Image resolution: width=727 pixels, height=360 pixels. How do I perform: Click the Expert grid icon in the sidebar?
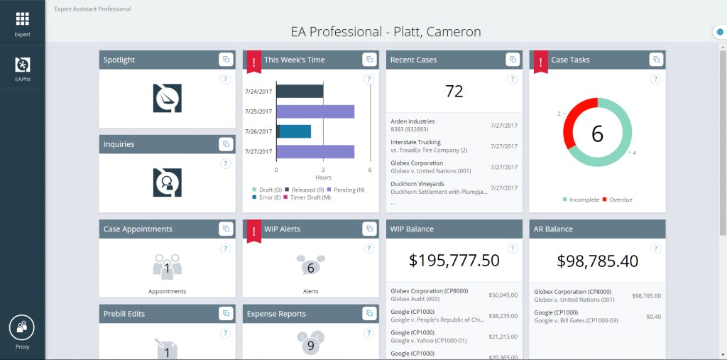(22, 19)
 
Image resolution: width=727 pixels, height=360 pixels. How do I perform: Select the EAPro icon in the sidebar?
(22, 65)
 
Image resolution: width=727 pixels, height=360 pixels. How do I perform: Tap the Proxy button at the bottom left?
(22, 327)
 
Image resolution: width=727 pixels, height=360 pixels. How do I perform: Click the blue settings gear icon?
(720, 32)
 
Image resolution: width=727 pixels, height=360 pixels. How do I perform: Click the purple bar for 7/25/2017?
(315, 111)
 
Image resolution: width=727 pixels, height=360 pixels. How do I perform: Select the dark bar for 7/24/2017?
(300, 91)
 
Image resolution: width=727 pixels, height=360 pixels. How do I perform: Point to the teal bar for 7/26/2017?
(295, 131)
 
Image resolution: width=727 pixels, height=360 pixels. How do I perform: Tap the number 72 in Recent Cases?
(454, 91)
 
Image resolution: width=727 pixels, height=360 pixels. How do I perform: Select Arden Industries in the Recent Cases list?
(412, 121)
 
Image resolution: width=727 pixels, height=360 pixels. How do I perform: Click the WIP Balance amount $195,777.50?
(454, 261)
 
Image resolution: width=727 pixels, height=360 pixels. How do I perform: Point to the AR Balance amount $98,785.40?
(597, 261)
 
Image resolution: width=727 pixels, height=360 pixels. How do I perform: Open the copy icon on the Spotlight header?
(225, 60)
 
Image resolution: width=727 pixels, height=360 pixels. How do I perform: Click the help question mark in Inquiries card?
(225, 163)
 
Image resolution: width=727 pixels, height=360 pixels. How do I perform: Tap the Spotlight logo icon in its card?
(168, 98)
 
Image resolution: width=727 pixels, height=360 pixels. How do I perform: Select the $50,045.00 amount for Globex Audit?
(503, 295)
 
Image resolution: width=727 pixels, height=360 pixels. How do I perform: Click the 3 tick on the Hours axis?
(323, 170)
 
